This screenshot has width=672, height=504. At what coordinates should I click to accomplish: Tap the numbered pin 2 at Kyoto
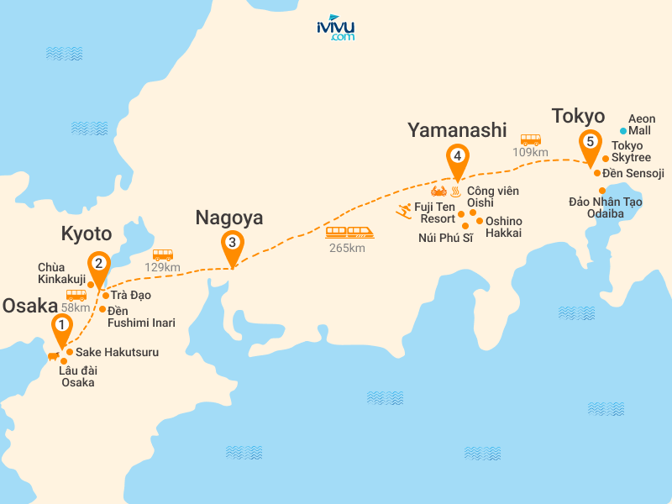[99, 264]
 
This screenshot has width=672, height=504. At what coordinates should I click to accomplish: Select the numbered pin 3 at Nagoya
[231, 242]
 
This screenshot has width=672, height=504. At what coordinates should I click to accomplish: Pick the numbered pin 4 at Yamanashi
[457, 156]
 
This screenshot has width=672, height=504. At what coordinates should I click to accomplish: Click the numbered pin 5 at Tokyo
[591, 142]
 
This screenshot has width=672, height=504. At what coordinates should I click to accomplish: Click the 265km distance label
[348, 248]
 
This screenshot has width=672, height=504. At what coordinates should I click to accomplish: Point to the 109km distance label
[530, 152]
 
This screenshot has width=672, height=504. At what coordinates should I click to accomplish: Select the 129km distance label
[163, 267]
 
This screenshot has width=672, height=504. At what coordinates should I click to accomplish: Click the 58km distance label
[76, 307]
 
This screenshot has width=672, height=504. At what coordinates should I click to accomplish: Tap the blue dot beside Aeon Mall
[623, 131]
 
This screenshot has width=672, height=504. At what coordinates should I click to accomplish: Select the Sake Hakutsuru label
[117, 352]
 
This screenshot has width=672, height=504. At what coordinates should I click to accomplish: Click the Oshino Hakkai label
[504, 227]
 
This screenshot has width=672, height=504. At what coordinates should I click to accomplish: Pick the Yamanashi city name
[457, 129]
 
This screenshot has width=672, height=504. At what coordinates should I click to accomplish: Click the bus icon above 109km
[530, 139]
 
